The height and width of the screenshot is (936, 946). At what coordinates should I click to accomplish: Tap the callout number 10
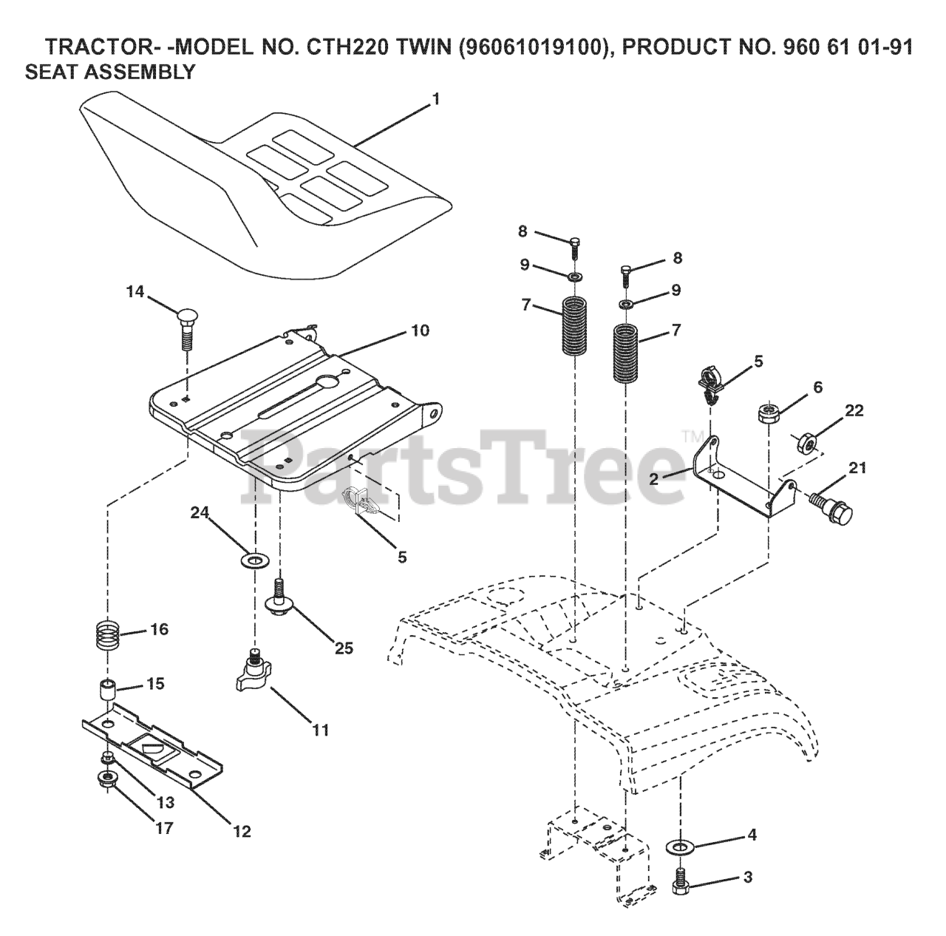[419, 330]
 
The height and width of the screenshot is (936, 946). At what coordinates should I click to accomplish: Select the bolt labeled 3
[681, 878]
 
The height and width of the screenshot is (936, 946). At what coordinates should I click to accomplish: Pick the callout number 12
[242, 831]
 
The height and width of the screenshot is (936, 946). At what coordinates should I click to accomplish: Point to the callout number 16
[159, 629]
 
